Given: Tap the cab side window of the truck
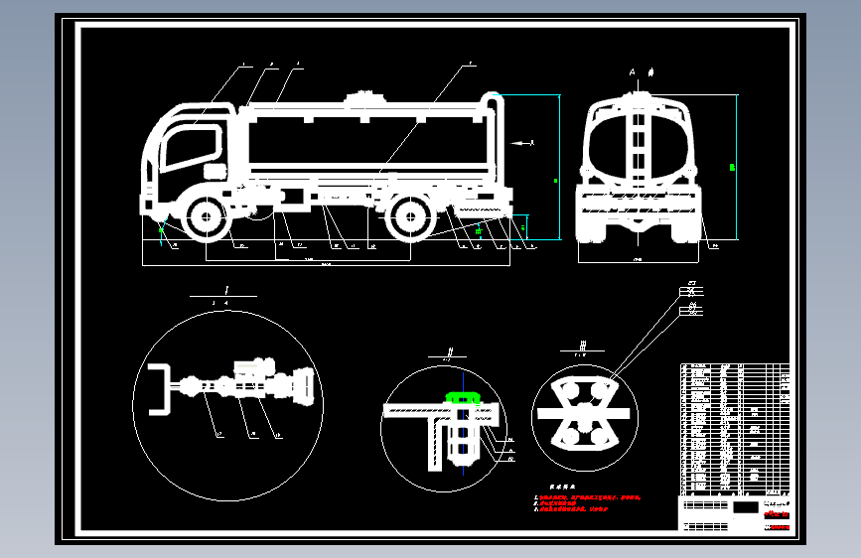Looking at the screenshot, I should click(x=184, y=148).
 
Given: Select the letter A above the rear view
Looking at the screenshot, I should click(x=632, y=72).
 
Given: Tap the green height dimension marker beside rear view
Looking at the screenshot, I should click(x=732, y=167).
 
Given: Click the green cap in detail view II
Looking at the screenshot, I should click(x=463, y=397).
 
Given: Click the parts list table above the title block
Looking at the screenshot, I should click(x=734, y=428).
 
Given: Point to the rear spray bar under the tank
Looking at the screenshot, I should click(x=481, y=211).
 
